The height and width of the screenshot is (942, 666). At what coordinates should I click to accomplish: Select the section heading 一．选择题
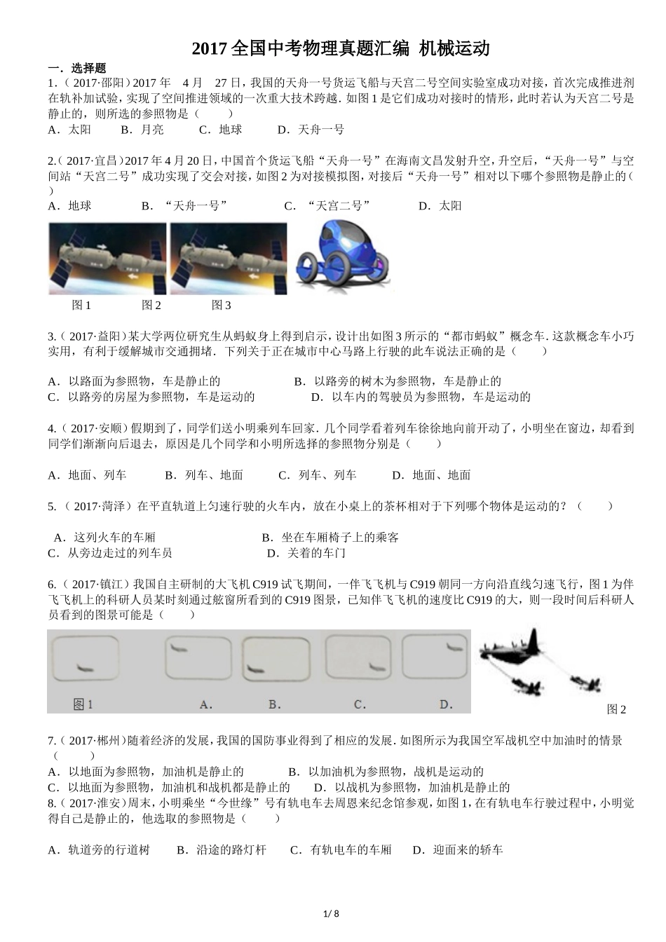pos(76,68)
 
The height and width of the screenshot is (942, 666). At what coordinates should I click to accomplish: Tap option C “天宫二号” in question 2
pos(327,206)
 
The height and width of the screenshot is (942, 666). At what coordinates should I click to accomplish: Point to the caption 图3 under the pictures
pos(221,306)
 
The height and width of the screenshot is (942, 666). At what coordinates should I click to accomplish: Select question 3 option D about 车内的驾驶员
pos(421,397)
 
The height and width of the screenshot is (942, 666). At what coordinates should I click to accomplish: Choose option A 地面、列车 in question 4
pos(87,475)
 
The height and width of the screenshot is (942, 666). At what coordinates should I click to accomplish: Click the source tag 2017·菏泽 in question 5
pos(99,507)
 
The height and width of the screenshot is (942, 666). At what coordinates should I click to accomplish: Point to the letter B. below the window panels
pos(275,704)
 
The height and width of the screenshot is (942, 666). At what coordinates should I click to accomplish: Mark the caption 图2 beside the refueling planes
pos(616,710)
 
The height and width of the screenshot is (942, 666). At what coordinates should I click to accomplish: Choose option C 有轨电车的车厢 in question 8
pos(341,850)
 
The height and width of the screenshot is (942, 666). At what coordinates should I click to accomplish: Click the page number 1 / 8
pos(332,913)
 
